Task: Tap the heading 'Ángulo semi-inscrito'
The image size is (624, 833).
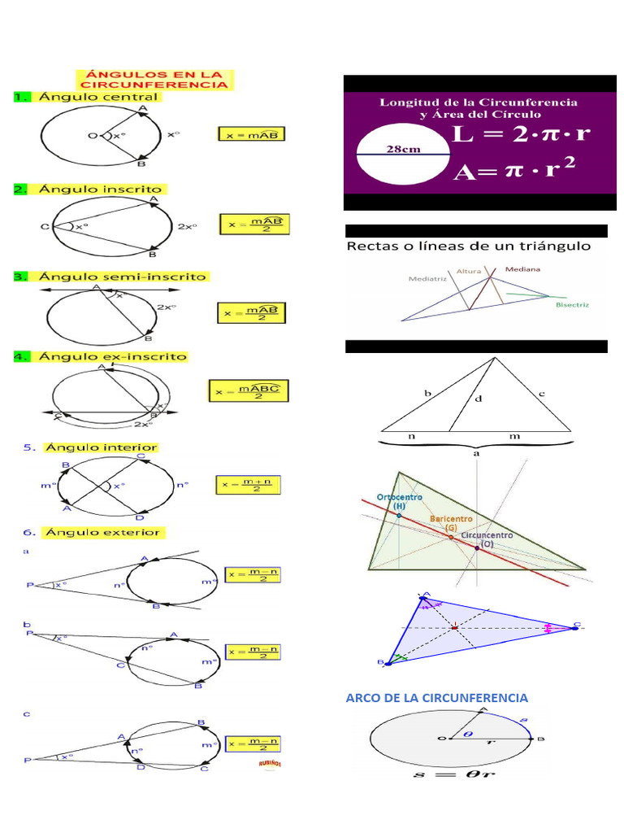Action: coord(122,277)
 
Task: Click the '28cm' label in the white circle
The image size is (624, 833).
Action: coord(403,148)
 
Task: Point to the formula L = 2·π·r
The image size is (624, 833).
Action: coord(522,135)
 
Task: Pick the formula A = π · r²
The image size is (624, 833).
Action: coord(514,171)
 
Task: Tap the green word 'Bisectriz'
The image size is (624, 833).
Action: coord(572,305)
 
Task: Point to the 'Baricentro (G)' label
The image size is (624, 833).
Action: coord(451,522)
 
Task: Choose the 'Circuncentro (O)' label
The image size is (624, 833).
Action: coord(487,539)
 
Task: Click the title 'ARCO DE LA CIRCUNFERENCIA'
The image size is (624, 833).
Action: coord(437,698)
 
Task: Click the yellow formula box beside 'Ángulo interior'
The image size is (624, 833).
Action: coord(248,486)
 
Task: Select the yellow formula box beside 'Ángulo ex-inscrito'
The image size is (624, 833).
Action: coord(249,391)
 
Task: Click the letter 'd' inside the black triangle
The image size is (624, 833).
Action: coord(478,399)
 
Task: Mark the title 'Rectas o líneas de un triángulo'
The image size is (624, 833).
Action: coord(469,246)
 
